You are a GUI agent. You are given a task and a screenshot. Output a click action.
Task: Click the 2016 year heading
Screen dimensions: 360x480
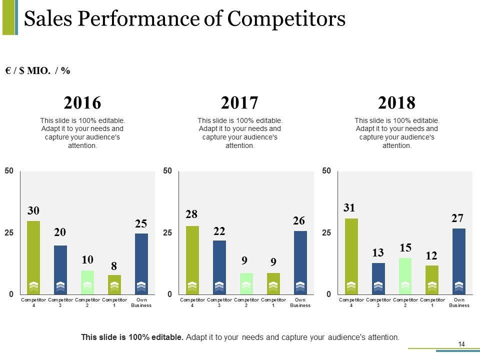coord(82,103)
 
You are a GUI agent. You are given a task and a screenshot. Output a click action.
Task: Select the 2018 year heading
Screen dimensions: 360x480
coord(397,103)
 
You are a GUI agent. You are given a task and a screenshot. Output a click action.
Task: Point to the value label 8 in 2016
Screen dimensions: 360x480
coord(114,264)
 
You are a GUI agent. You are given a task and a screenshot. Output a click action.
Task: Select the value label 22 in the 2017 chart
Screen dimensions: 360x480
coord(219,231)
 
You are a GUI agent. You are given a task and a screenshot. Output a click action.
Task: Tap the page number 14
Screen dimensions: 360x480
coord(461,343)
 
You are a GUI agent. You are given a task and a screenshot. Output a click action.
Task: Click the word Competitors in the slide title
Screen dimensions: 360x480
coord(286,19)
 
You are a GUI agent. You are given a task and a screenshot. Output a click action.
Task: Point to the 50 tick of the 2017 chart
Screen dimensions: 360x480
coord(167,171)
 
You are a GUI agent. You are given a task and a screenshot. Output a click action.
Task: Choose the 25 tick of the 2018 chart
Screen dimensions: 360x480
coord(326,233)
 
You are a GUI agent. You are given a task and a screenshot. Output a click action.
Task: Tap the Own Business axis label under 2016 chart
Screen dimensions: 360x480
coord(141,302)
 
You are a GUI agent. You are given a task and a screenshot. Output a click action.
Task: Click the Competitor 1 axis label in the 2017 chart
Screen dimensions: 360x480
coord(273,302)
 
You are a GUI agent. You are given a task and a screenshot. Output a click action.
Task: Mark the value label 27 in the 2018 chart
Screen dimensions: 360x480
coord(457,218)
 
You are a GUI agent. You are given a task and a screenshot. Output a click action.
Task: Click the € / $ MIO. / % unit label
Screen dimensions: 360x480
coord(38,71)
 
